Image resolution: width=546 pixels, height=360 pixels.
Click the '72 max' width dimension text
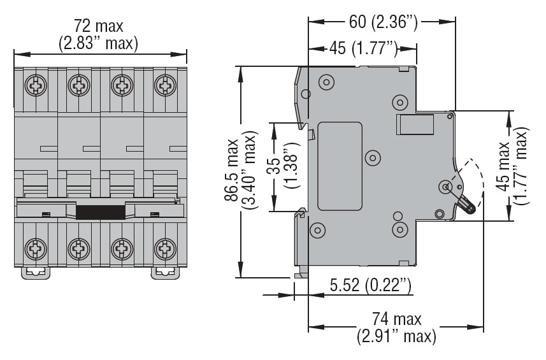coord(98,27)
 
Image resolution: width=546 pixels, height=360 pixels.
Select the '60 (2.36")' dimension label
coord(382,23)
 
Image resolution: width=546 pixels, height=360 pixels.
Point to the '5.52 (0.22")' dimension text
coord(370,287)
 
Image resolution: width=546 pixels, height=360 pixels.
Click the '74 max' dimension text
coord(396,319)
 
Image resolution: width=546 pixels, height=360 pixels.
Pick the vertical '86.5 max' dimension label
coord(231,172)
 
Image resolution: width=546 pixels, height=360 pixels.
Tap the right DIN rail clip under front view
coord(164,272)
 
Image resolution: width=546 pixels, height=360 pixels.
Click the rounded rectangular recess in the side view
coord(340,166)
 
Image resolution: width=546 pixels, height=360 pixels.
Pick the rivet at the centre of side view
coord(373,157)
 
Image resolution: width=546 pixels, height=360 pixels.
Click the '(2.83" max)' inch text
coord(98,43)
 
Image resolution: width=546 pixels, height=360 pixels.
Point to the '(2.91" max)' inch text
coord(396,335)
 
